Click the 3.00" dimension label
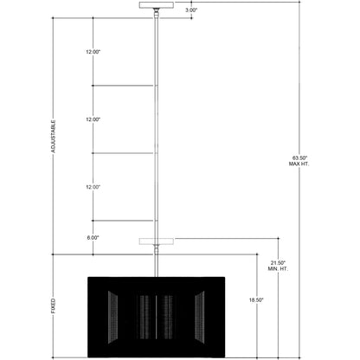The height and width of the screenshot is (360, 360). [x=191, y=10]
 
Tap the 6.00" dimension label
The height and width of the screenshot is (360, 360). [x=93, y=238]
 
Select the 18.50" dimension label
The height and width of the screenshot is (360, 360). [x=256, y=300]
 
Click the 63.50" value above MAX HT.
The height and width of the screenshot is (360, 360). [x=300, y=158]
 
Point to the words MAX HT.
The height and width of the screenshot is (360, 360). [x=299, y=164]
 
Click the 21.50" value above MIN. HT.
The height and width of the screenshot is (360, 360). [x=278, y=263]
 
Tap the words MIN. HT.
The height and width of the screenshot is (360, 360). [x=278, y=269]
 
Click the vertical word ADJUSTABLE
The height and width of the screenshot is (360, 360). [x=53, y=137]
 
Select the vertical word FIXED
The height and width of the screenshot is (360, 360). [x=53, y=305]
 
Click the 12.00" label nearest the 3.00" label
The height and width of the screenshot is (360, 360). [x=93, y=52]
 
